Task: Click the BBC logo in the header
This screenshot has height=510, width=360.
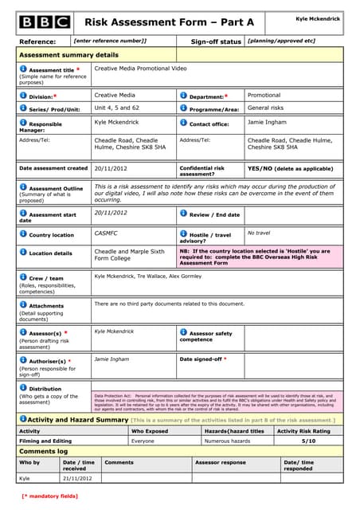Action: pos(45,22)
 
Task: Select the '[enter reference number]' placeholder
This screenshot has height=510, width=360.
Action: pos(110,41)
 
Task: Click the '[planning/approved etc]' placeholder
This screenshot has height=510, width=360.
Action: pos(281,41)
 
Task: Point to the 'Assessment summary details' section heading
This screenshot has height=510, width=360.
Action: pos(68,55)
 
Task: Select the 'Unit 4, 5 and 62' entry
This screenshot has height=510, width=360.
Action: pos(117,108)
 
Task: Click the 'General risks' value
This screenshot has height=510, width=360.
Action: pos(265,108)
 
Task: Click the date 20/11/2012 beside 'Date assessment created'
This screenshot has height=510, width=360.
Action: pos(111,169)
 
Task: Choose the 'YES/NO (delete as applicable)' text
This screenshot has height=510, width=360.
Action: pos(290,169)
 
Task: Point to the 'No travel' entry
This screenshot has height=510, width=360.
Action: pos(259,233)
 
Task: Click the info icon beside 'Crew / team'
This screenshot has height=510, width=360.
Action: pos(23,277)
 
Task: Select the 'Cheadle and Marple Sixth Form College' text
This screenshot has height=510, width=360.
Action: pos(130,255)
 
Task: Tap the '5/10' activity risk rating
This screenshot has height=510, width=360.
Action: pos(308,440)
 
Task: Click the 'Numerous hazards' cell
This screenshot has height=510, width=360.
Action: pos(228,440)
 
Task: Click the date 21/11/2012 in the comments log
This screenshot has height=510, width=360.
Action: pos(78,478)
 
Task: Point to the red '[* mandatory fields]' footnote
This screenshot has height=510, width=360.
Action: pos(49,496)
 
